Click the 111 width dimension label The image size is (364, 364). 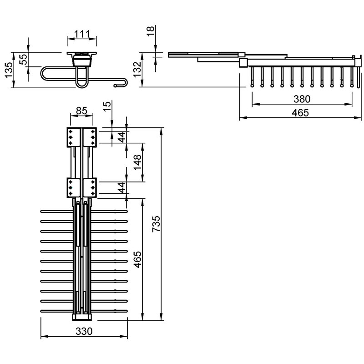[x=82, y=35]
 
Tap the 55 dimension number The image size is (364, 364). [x=24, y=59]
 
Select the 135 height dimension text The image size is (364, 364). [x=9, y=70]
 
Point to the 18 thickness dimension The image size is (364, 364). [x=151, y=31]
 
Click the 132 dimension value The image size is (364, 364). [x=137, y=69]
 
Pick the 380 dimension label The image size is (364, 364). [x=302, y=99]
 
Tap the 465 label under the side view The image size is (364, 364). [x=300, y=113]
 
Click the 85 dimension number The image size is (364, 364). [x=82, y=111]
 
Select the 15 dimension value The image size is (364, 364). [x=107, y=106]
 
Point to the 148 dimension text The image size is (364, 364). [x=137, y=162]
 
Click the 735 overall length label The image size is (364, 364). [x=156, y=224]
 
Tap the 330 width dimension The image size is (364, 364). [x=84, y=331]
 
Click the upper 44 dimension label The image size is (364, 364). [x=121, y=137]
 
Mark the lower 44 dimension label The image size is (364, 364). [x=121, y=187]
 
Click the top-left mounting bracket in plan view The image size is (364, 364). [x=74, y=137]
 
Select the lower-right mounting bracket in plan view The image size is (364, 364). [x=90, y=187]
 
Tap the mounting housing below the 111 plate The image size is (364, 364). [x=82, y=61]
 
